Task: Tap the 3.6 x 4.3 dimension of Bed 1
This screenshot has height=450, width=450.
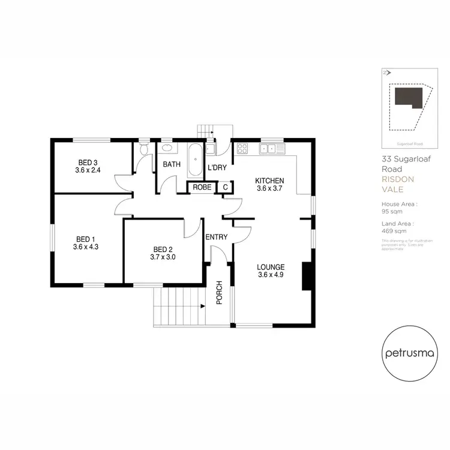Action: (x=85, y=247)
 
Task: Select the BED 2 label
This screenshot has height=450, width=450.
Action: (x=163, y=250)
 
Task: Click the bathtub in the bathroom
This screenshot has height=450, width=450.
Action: (x=195, y=157)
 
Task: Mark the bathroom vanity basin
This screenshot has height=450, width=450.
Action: (x=167, y=148)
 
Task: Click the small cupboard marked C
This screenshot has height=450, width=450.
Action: (x=225, y=188)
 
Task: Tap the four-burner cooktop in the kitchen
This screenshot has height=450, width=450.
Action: (x=243, y=148)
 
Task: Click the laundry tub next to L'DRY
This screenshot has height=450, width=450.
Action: (x=211, y=149)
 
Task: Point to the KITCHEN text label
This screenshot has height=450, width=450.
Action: (x=269, y=181)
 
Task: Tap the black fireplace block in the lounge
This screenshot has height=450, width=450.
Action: (x=307, y=277)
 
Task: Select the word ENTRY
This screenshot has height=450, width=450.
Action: (x=216, y=237)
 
